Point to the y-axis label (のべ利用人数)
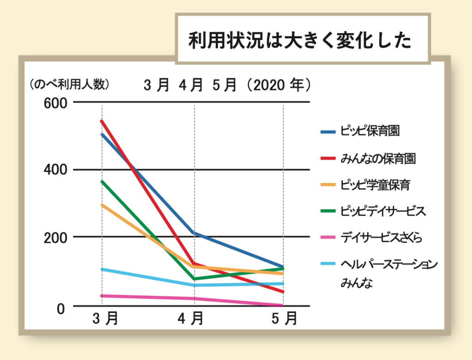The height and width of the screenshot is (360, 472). tap(69, 84)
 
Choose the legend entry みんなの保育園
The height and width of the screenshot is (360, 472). tap(378, 159)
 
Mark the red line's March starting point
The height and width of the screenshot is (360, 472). tap(102, 121)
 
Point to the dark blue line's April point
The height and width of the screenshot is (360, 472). tap(195, 233)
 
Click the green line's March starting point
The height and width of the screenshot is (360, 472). tap(102, 182)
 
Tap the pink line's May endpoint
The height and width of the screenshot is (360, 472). tap(282, 305)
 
